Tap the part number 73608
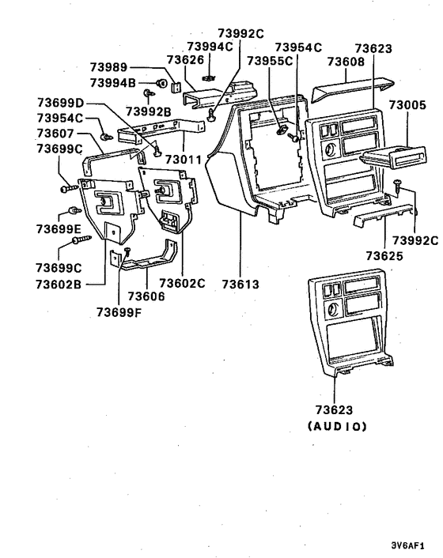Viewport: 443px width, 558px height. coord(346,61)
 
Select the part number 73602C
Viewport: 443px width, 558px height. coord(182,283)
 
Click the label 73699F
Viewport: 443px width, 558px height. coord(120,311)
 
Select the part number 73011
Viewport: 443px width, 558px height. coord(184,160)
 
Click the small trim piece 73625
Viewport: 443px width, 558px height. coord(383,214)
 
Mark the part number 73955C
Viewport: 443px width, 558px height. coord(268,61)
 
